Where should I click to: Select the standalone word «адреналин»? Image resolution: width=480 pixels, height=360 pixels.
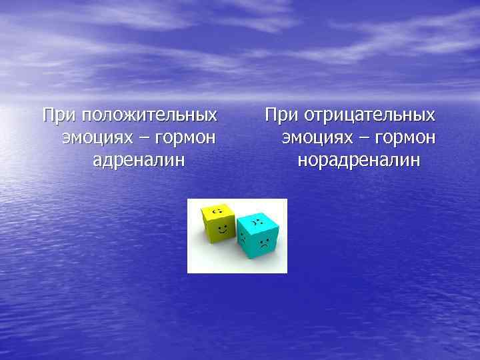(x=139, y=160)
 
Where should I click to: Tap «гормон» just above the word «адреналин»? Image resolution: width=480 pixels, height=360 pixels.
(x=183, y=138)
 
